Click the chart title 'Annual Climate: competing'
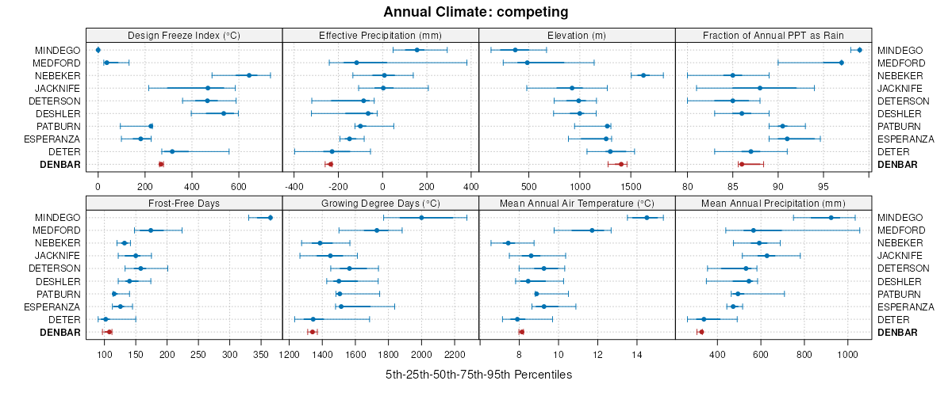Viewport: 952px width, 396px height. click(x=476, y=12)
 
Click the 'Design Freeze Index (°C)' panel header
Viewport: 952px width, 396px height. click(x=183, y=35)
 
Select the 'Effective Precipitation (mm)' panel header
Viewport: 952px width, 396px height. click(x=380, y=35)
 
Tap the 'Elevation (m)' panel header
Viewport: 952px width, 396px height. click(x=577, y=35)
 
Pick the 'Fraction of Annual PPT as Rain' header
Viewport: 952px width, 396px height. click(x=773, y=35)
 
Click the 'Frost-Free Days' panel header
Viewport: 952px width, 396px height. click(x=183, y=203)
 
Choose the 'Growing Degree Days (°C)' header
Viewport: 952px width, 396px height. click(x=380, y=203)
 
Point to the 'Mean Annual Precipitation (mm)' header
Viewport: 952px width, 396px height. click(x=773, y=203)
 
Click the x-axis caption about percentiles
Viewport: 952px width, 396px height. click(x=478, y=374)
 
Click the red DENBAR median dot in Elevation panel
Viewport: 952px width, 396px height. click(x=620, y=164)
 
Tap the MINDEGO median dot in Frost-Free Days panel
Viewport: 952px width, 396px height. click(x=271, y=218)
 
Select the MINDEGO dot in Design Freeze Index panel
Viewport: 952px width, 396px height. click(x=98, y=50)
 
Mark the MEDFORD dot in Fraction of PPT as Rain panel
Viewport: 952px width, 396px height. click(x=841, y=63)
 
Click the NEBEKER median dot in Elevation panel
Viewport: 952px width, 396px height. click(x=643, y=75)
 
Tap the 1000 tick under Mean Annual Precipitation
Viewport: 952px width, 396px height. click(x=848, y=355)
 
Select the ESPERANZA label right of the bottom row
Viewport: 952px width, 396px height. click(x=906, y=307)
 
